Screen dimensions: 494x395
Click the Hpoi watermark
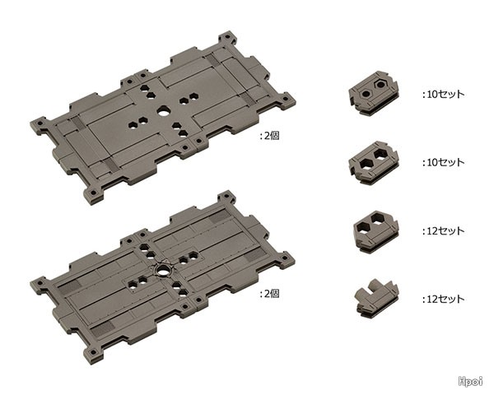click(x=470, y=381)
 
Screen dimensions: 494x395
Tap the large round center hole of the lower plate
click(x=164, y=270)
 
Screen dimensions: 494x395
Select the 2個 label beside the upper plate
click(x=270, y=136)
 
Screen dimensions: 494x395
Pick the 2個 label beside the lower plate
click(x=270, y=294)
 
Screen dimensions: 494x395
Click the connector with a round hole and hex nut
click(x=374, y=93)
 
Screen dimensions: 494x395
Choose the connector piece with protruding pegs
click(x=377, y=297)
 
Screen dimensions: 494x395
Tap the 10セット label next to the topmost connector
click(x=443, y=94)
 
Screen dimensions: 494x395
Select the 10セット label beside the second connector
click(x=443, y=163)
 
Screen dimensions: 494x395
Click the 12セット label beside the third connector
click(x=443, y=231)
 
